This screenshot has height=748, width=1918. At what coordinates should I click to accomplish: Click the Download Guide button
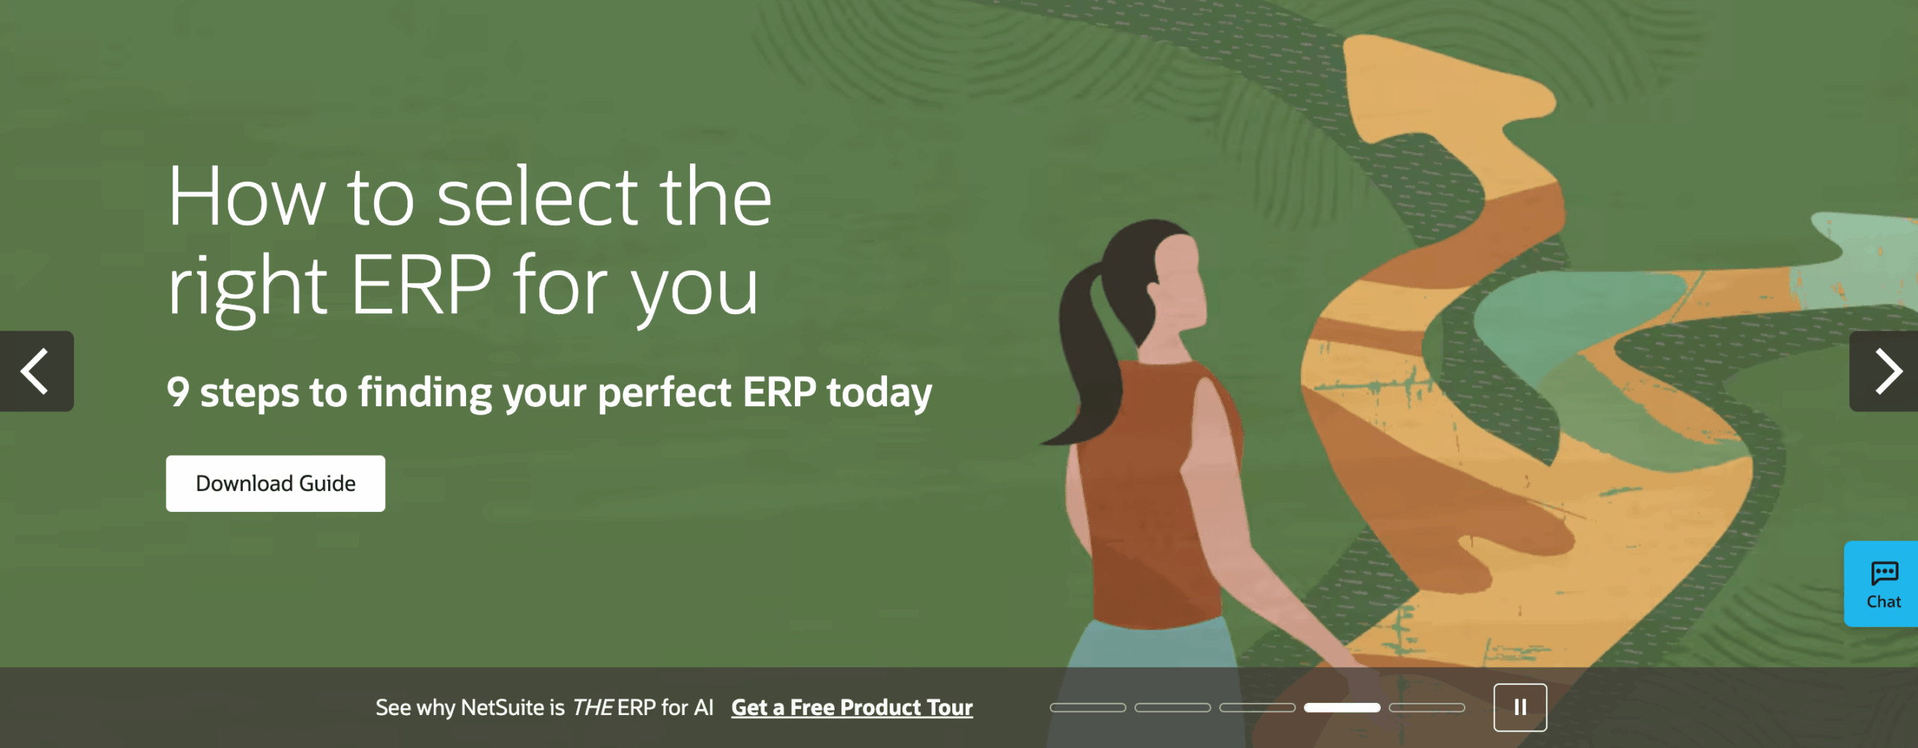pos(276,483)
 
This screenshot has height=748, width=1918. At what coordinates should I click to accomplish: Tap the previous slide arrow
pos(36,371)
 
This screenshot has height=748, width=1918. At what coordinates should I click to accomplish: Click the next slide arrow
pos(1884,371)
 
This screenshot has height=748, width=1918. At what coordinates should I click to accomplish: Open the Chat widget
pos(1882,584)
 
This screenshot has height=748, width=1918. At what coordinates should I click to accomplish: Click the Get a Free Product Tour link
pos(852,708)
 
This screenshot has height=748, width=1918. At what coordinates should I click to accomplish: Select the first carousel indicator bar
pos(1088,708)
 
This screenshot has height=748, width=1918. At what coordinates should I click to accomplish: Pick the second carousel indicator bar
pos(1173,708)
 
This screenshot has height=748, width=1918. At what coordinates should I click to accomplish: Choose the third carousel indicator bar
pos(1257,708)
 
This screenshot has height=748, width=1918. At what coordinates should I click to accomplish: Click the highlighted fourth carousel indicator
pos(1342,708)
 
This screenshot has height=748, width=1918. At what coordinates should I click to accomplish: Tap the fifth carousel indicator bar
pos(1427,708)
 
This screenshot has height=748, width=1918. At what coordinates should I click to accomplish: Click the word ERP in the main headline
pos(421,285)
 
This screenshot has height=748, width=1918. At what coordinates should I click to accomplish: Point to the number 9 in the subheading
pos(178,392)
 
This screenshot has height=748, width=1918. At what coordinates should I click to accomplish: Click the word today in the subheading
pos(880,393)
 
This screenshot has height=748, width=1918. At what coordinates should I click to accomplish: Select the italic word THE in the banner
pos(593,708)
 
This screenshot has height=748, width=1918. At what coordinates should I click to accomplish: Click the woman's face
pos(1180,281)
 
